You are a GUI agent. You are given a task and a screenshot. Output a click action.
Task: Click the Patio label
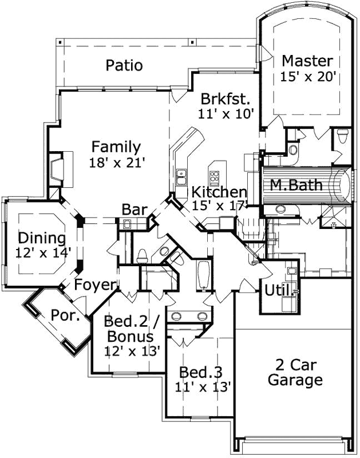click(x=124, y=65)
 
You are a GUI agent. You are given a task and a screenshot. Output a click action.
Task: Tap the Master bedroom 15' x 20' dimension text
click(x=306, y=76)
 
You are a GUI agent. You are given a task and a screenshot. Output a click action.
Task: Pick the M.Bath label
click(x=296, y=185)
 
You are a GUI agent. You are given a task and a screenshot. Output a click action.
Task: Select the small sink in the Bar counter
click(x=126, y=224)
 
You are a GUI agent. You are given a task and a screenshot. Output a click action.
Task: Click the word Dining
click(x=41, y=238)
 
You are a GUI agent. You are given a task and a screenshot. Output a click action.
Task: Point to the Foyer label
click(x=96, y=285)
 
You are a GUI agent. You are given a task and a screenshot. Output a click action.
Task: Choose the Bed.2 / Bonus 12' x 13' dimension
click(x=132, y=349)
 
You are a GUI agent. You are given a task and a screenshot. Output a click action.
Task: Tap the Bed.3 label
click(x=200, y=372)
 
